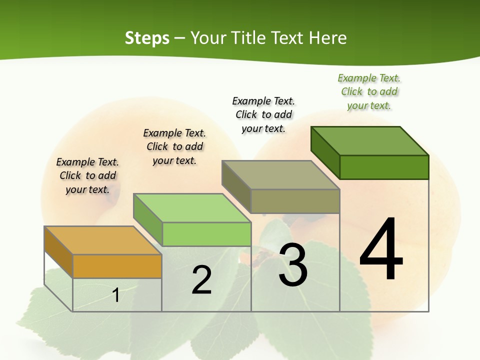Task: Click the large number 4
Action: pos(381,249)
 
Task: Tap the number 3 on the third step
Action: pos(293,264)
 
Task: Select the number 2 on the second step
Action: pos(202,280)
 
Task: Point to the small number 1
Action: pos(116,295)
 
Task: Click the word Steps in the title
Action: pos(147,38)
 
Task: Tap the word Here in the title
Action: pos(328,38)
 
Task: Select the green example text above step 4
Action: pos(369,92)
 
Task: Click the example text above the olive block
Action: pos(264,114)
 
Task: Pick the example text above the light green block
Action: pos(174,146)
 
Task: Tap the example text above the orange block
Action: pos(87,175)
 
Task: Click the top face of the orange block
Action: pos(102,240)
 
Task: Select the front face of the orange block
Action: pos(117,266)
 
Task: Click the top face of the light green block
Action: pos(192,208)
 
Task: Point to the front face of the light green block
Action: pos(206,234)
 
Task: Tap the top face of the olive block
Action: pos(280,175)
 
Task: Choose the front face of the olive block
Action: pos(295,201)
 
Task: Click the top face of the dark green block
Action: pos(370,141)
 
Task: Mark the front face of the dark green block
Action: pos(384,167)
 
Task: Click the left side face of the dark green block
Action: pos(325,151)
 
